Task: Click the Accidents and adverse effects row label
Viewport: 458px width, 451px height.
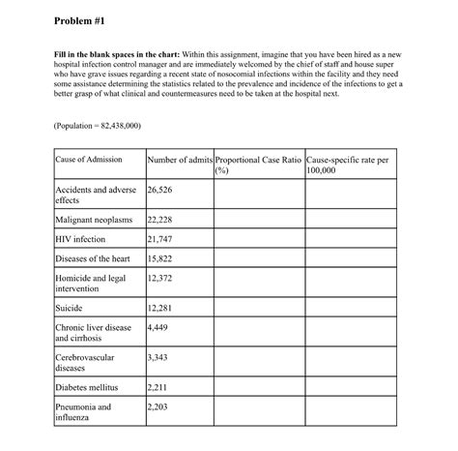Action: pyautogui.click(x=96, y=195)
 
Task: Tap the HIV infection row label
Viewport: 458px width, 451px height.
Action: pyautogui.click(x=81, y=238)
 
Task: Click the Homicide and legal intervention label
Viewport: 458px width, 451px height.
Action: pyautogui.click(x=91, y=283)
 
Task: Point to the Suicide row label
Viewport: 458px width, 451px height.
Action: pyautogui.click(x=70, y=308)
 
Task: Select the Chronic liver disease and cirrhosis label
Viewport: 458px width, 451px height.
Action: pyautogui.click(x=93, y=333)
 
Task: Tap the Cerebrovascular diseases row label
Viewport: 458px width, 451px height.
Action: pyautogui.click(x=85, y=363)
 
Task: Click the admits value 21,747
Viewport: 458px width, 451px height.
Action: pyautogui.click(x=159, y=238)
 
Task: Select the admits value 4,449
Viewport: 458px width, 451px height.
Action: pyautogui.click(x=157, y=327)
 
